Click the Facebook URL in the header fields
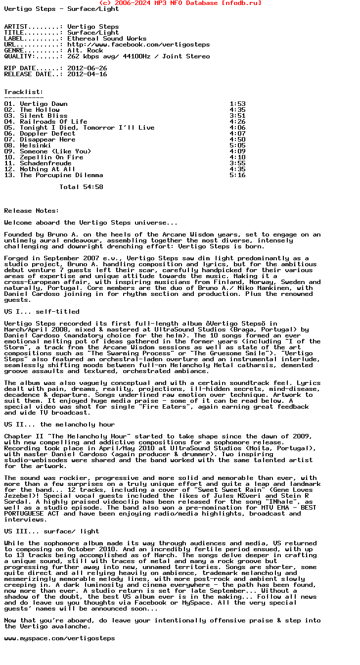pos(138,45)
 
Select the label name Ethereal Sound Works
pos(107,39)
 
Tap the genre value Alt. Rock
pos(85,50)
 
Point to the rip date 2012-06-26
pos(87,68)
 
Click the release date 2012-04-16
pos(87,74)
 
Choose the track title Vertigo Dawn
pos(44,104)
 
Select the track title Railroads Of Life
pos(53,122)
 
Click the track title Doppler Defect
pos(47,134)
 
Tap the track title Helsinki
pos(36,145)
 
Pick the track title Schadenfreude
pos(45,163)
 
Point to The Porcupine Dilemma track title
pos(61,175)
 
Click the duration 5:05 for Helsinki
pos(237,145)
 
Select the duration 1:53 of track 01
pos(237,104)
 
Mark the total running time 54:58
pos(93,187)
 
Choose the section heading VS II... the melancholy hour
pos(59,425)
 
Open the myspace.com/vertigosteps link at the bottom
pos(59,638)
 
